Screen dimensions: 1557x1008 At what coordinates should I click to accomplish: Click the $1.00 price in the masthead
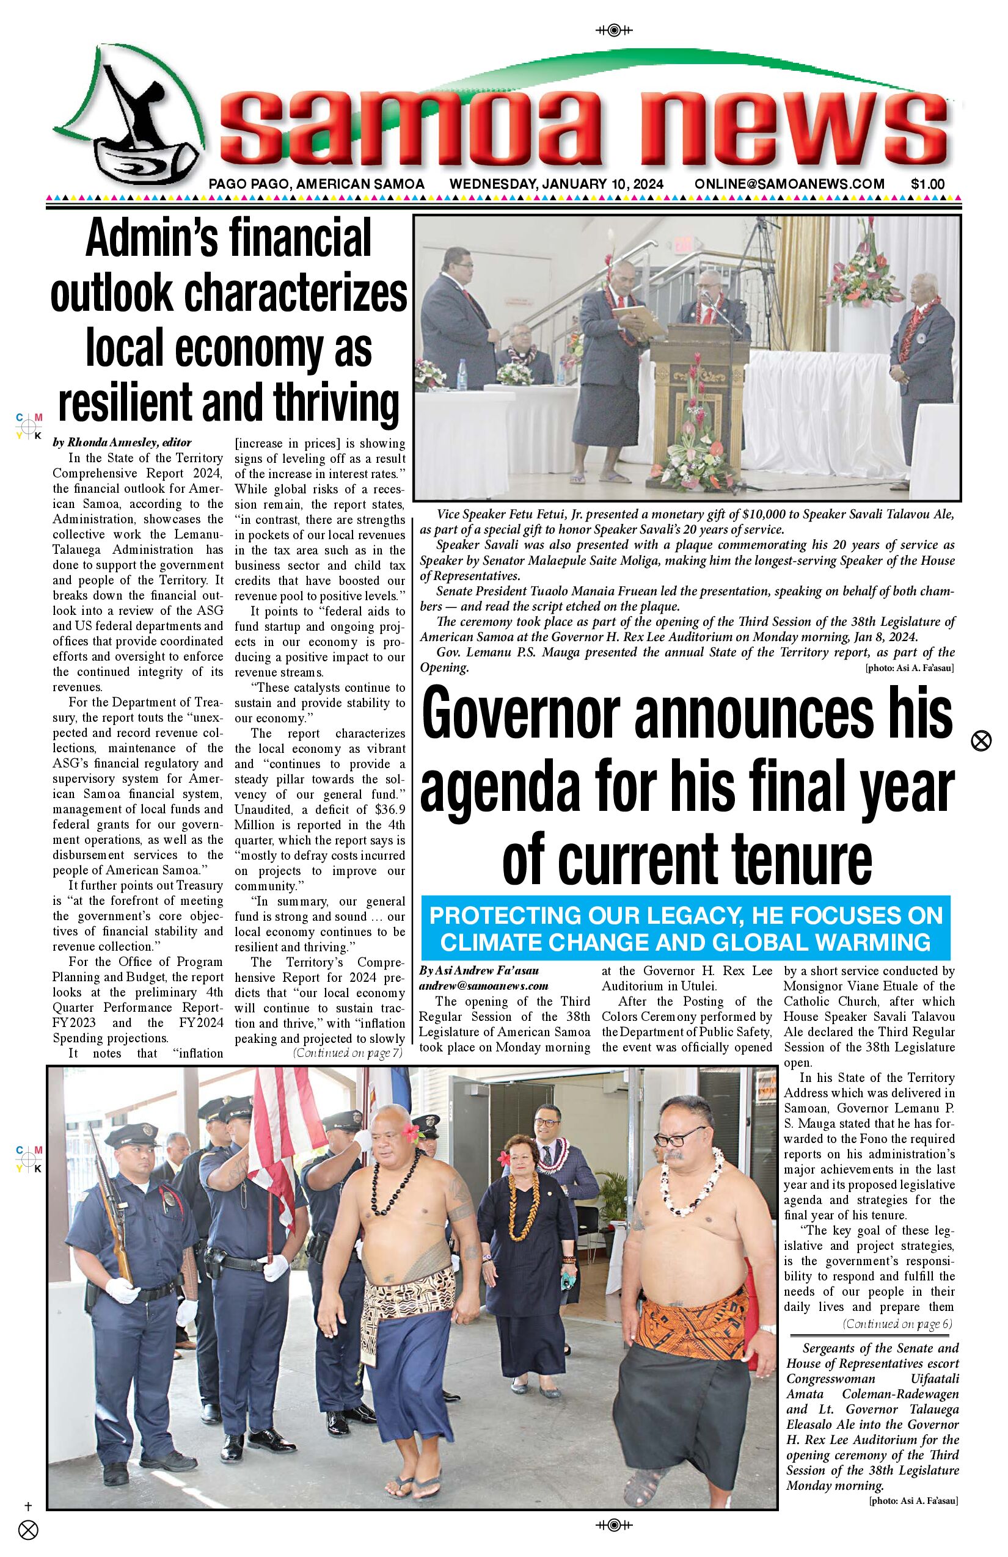(927, 184)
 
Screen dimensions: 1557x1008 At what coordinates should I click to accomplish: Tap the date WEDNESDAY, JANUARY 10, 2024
(557, 184)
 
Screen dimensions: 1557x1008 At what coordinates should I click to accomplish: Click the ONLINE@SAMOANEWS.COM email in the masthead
(789, 184)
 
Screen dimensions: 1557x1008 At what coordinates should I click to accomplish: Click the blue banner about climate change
(685, 928)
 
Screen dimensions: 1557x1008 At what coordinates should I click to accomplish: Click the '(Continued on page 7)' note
(347, 1053)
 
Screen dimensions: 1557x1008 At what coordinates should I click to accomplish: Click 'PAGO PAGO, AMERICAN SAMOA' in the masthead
(316, 184)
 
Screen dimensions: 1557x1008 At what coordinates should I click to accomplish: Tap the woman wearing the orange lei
(517, 1243)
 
